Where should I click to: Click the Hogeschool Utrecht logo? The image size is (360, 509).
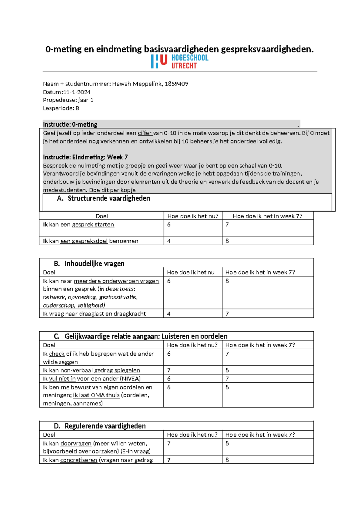[179, 62]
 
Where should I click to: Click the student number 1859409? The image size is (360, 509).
[176, 84]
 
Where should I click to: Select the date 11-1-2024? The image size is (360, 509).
[77, 92]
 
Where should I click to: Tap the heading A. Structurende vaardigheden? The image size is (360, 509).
[103, 198]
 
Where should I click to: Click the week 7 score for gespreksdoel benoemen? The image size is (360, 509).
[227, 241]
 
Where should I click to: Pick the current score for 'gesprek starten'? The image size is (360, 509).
[169, 224]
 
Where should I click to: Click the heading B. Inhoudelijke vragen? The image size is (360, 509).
[89, 264]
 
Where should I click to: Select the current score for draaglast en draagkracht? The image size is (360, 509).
[169, 314]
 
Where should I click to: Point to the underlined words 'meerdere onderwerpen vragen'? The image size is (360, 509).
[116, 281]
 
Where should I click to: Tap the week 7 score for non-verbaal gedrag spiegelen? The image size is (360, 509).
[227, 370]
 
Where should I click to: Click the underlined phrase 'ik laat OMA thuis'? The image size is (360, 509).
[96, 395]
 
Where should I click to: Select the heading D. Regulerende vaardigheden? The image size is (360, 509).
[100, 426]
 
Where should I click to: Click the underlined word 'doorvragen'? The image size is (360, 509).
[76, 444]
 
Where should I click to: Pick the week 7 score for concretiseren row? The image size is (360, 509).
[227, 460]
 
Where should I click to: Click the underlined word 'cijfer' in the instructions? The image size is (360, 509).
[145, 133]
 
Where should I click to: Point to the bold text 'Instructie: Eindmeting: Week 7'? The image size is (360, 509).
[85, 157]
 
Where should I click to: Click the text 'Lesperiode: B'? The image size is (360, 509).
[61, 108]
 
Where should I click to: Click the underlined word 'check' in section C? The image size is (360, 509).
[57, 354]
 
